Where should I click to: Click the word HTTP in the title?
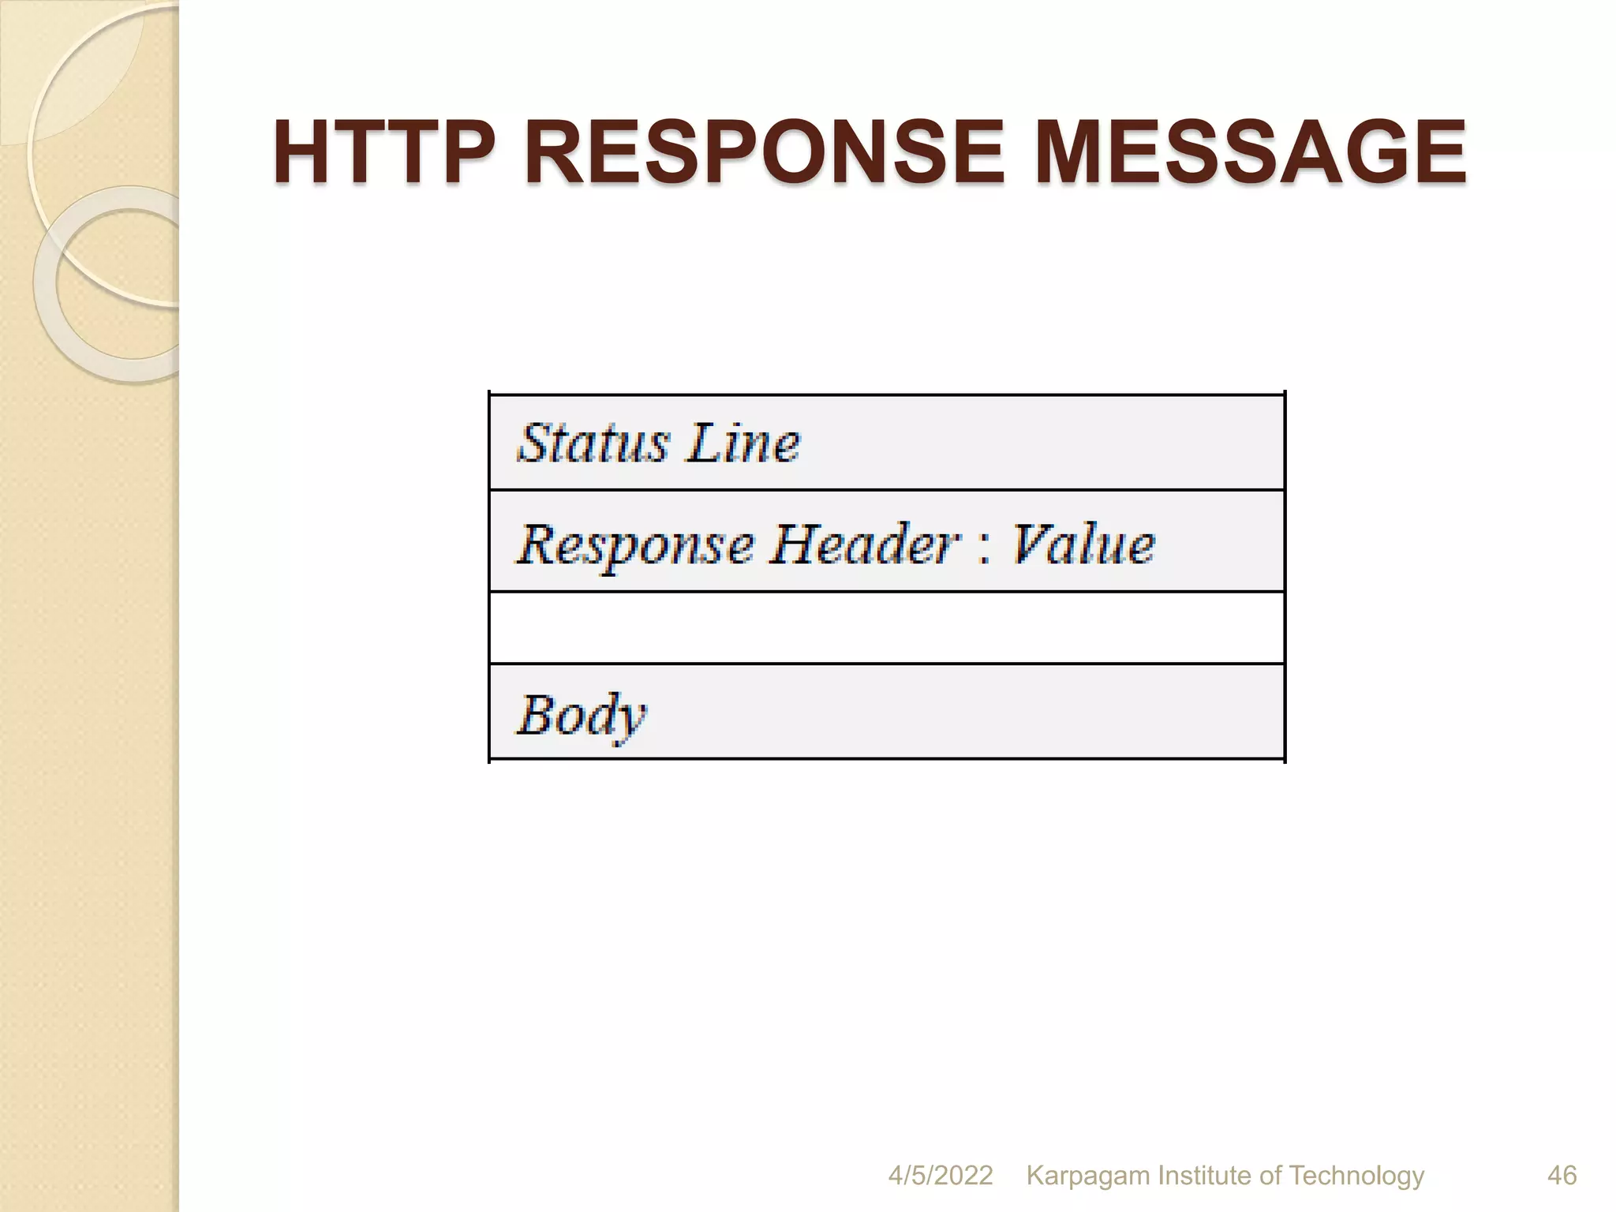pyautogui.click(x=385, y=151)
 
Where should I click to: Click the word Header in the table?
pyautogui.click(x=865, y=545)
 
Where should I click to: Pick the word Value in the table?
pyautogui.click(x=1083, y=545)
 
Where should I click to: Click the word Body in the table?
pyautogui.click(x=581, y=715)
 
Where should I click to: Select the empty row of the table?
pyautogui.click(x=887, y=628)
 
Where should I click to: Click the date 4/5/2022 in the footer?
pyautogui.click(x=940, y=1175)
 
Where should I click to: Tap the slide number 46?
pyautogui.click(x=1562, y=1175)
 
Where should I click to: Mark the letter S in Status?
pyautogui.click(x=535, y=443)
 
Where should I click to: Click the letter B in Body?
pyautogui.click(x=536, y=714)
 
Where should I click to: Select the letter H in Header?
pyautogui.click(x=792, y=544)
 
